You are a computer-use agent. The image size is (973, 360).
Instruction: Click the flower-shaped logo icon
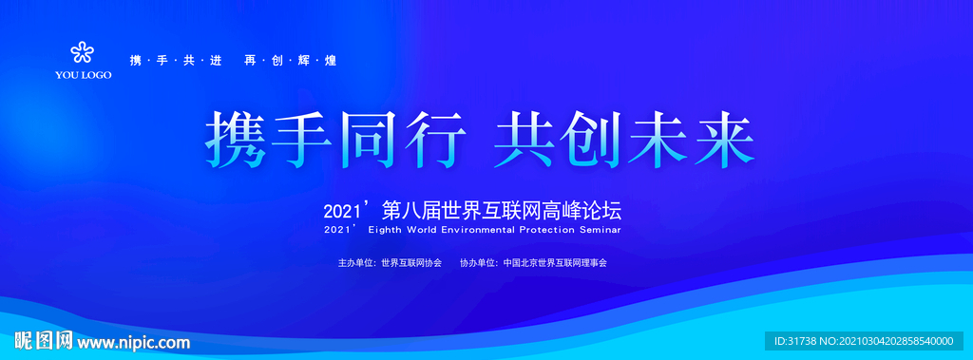point(82,52)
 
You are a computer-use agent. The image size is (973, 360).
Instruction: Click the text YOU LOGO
point(84,75)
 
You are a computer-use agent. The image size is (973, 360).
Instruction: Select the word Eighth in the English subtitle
point(385,230)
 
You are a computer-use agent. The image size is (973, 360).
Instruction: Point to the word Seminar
point(599,229)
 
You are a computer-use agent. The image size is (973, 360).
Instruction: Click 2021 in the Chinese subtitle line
point(337,212)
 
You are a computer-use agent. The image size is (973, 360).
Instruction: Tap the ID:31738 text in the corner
point(797,341)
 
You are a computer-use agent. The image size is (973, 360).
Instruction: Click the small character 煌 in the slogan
point(331,61)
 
